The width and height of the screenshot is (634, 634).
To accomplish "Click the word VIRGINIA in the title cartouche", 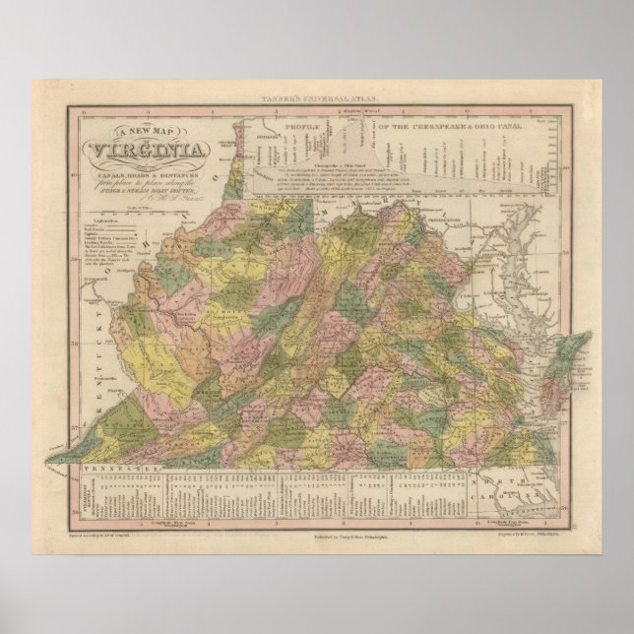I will tap(149, 151).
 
